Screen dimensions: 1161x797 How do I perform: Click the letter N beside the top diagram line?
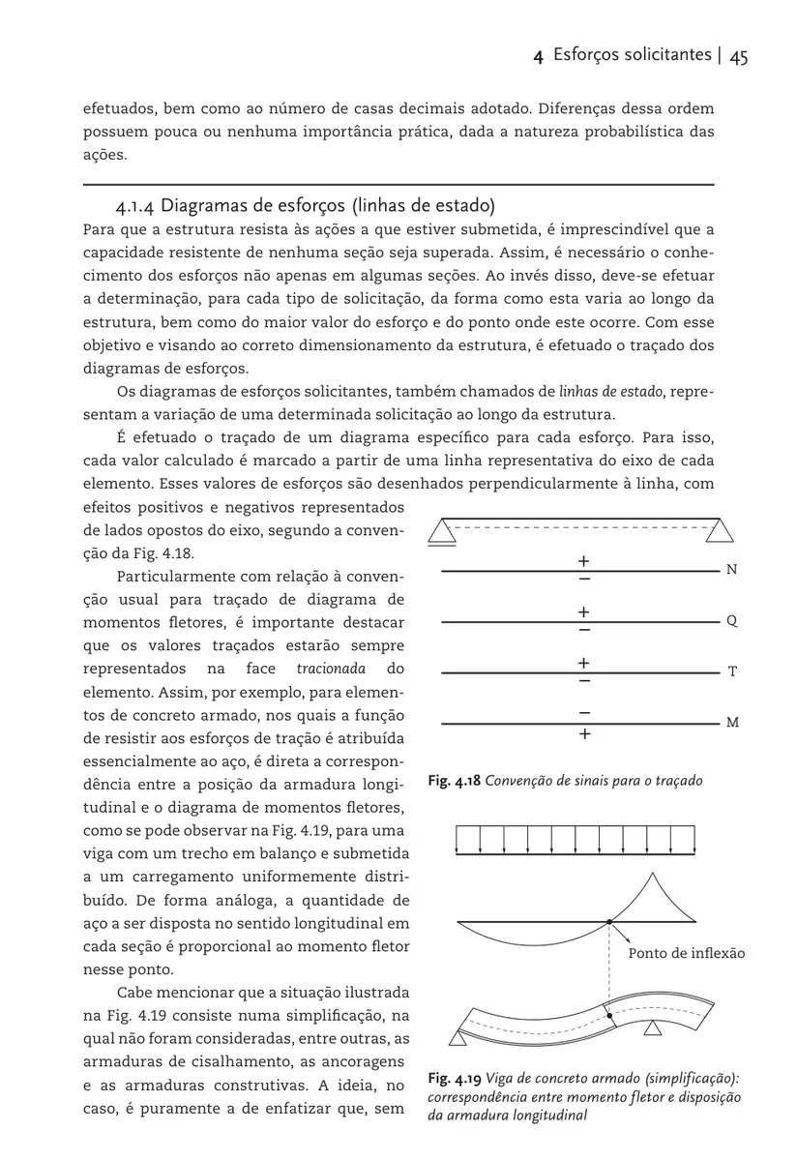click(731, 571)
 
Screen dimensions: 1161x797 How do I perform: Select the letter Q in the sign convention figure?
click(731, 621)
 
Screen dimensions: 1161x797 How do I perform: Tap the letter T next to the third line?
click(732, 671)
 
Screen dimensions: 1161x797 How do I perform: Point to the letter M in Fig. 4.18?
click(732, 723)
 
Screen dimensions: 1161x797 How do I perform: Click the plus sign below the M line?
click(584, 734)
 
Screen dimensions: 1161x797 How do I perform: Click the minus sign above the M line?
click(584, 711)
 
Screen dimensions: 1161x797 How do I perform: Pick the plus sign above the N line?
click(584, 560)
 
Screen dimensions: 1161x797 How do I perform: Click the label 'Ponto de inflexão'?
click(687, 954)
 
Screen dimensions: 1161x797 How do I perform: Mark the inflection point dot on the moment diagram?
click(608, 922)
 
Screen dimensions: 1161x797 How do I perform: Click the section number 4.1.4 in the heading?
click(134, 205)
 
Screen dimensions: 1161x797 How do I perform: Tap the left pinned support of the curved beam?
click(458, 1037)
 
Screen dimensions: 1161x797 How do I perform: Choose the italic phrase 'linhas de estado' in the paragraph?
click(610, 392)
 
